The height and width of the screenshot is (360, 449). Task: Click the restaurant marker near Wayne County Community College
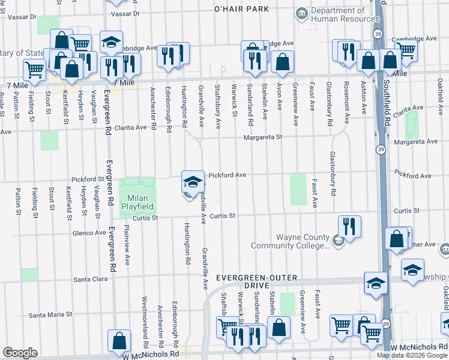tap(349, 227)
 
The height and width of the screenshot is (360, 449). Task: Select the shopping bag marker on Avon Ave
tap(282, 62)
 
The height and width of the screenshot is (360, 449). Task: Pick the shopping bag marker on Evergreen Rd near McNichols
tap(119, 341)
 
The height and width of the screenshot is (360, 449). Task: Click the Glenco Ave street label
tap(89, 233)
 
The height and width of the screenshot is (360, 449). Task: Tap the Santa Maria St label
tap(50, 314)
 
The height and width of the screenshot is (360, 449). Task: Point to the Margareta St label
tap(262, 137)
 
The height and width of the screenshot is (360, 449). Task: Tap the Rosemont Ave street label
tap(346, 98)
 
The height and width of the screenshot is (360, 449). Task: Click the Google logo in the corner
tap(20, 353)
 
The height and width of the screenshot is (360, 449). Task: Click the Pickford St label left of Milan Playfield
tap(88, 179)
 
